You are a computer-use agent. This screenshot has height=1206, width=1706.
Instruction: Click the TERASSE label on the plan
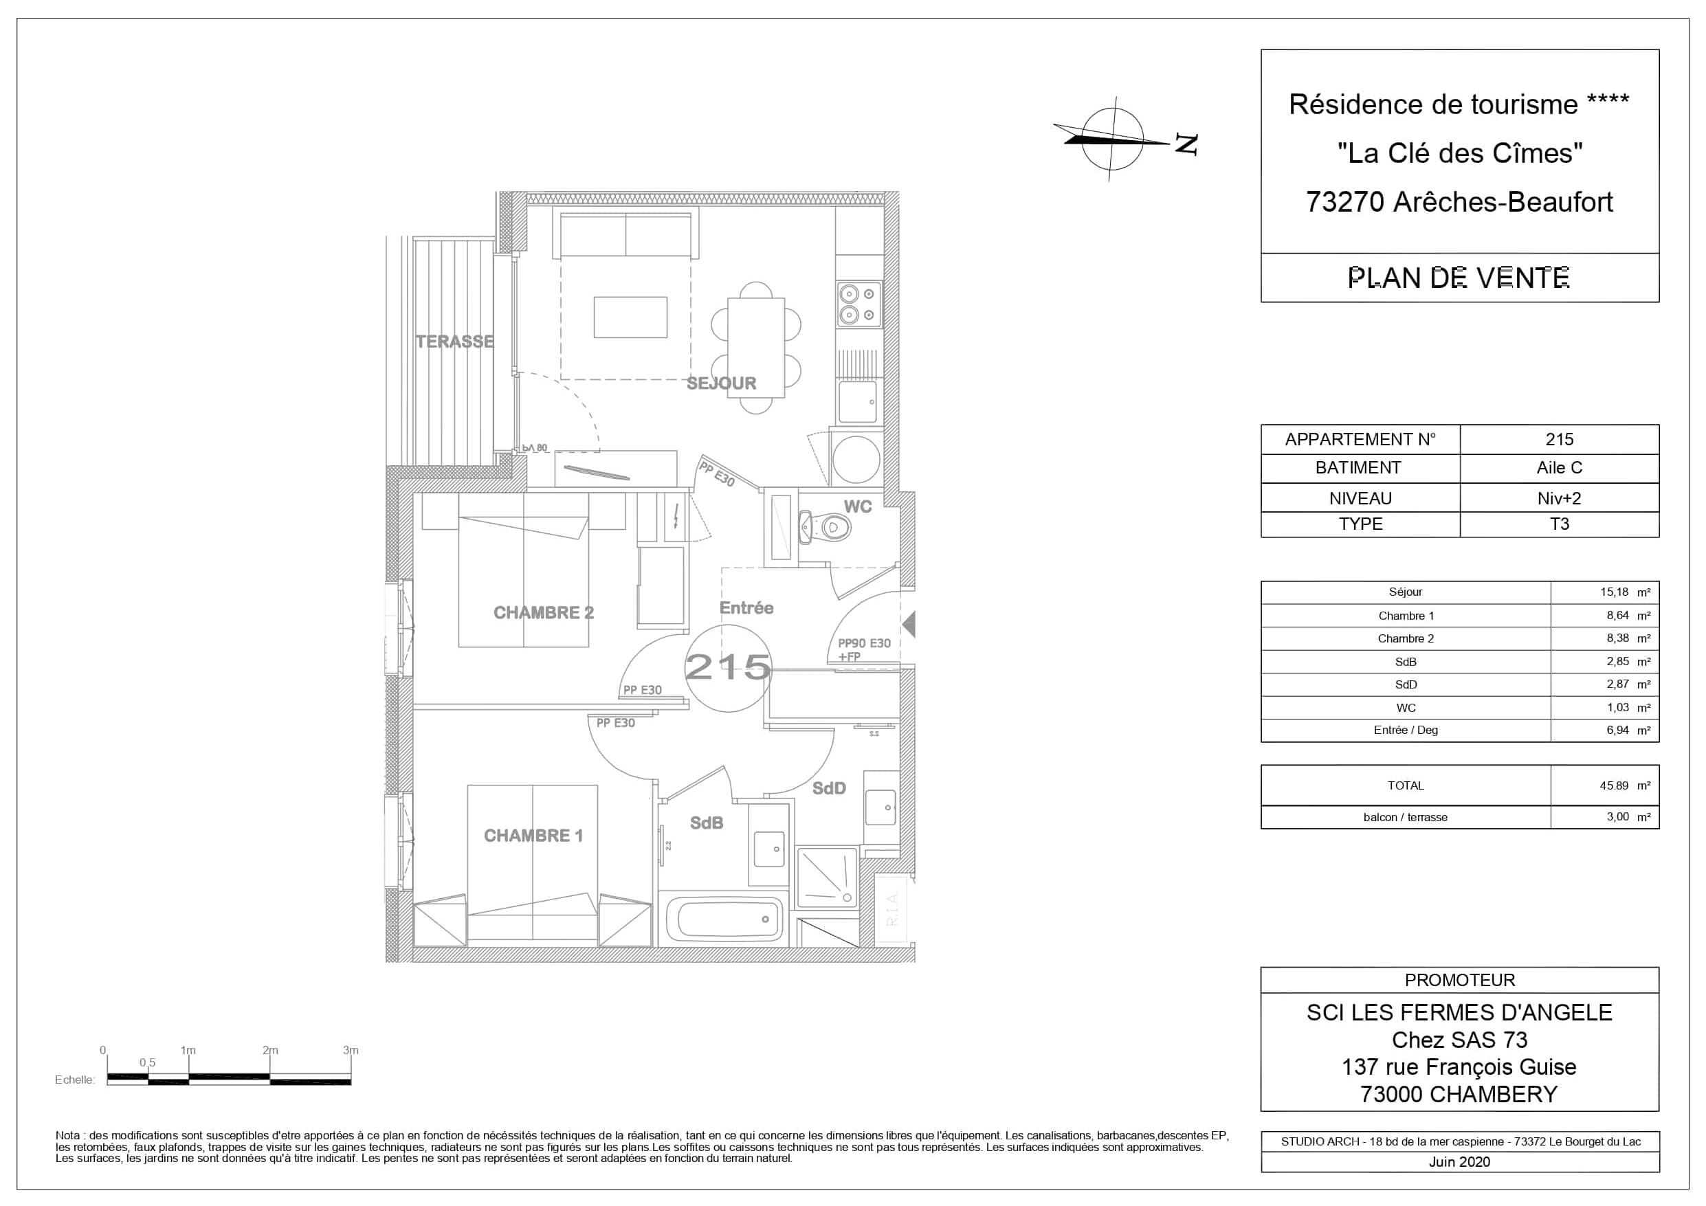[455, 342]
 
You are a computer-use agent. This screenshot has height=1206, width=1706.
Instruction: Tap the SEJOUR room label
[722, 383]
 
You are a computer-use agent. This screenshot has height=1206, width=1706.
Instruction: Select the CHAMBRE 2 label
[544, 613]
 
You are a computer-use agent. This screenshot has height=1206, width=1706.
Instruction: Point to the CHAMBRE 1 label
[533, 836]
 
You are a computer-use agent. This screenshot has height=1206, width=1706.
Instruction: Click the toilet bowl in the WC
[826, 528]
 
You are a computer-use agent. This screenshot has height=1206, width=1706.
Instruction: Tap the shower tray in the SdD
[827, 878]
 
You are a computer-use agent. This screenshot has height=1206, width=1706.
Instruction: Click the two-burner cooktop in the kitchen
[860, 304]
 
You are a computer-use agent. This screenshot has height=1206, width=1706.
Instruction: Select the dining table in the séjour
[756, 348]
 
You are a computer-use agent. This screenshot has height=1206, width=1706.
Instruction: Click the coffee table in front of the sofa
[631, 317]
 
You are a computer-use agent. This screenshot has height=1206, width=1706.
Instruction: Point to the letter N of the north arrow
[1186, 144]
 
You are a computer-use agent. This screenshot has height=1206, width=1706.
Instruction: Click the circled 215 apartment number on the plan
[728, 667]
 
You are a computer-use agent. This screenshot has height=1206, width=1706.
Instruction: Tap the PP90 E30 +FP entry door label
[864, 650]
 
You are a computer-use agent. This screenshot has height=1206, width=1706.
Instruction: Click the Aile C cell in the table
[1559, 468]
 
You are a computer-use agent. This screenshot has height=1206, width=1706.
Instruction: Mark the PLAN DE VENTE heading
[1459, 278]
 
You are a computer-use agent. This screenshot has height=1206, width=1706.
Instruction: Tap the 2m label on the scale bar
[269, 1051]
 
